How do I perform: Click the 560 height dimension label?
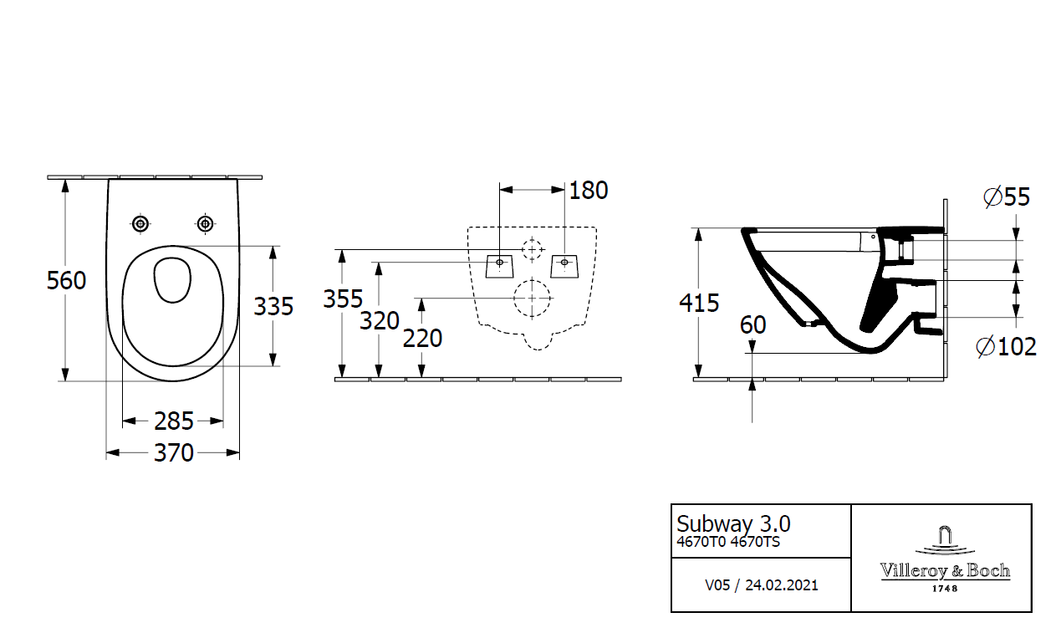tap(66, 280)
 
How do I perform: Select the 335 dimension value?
tap(273, 307)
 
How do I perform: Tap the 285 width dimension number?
tap(174, 421)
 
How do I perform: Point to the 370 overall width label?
tap(174, 453)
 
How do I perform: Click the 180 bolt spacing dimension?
tap(589, 191)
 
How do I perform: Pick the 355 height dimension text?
tap(344, 299)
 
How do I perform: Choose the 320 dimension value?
tap(380, 320)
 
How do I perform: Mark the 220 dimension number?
tap(422, 339)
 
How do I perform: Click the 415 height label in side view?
tap(699, 303)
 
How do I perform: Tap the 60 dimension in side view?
tap(752, 325)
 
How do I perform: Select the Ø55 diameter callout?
tap(1007, 197)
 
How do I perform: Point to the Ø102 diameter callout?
tap(1007, 346)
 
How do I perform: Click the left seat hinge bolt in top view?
tap(140, 223)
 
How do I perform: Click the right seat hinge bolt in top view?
tap(205, 223)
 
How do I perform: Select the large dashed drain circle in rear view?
tap(532, 299)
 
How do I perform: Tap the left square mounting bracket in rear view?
tap(499, 265)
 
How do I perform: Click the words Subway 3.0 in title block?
tap(732, 524)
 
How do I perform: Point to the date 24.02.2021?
tap(781, 585)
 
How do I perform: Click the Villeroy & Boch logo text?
tap(945, 571)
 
